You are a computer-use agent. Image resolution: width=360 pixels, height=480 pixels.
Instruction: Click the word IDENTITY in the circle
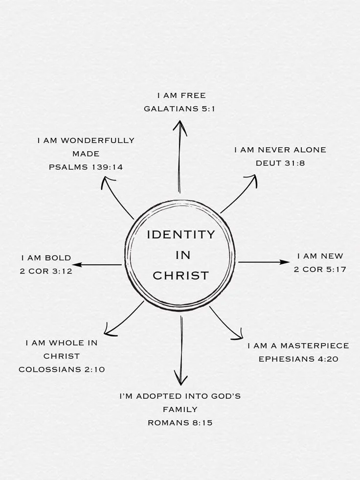click(181, 234)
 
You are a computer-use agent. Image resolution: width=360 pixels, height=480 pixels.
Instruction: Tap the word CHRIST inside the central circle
click(181, 275)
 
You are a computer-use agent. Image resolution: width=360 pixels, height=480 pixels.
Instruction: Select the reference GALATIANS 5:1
click(180, 109)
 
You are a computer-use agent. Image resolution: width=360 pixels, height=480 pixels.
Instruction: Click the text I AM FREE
click(181, 95)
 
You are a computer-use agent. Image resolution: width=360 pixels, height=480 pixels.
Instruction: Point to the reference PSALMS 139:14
click(86, 167)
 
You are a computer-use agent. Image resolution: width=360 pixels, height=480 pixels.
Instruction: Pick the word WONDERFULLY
click(96, 140)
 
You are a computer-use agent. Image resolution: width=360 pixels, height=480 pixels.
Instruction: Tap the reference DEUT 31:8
click(280, 163)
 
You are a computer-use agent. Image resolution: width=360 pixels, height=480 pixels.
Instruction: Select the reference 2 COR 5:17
click(320, 269)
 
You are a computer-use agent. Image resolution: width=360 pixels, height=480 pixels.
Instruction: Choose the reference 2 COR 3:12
click(46, 271)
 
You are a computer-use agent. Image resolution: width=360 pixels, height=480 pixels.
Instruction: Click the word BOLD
click(58, 258)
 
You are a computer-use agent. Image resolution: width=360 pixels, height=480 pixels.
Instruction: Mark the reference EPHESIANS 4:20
click(298, 359)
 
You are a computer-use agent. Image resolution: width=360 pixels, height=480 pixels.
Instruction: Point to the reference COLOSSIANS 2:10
click(62, 369)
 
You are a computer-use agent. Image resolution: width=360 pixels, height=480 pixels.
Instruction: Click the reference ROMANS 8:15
click(180, 422)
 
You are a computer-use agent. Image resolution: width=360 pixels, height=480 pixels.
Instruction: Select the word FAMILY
click(180, 409)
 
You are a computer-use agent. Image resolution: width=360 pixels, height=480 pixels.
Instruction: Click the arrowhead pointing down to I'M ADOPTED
click(180, 380)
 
